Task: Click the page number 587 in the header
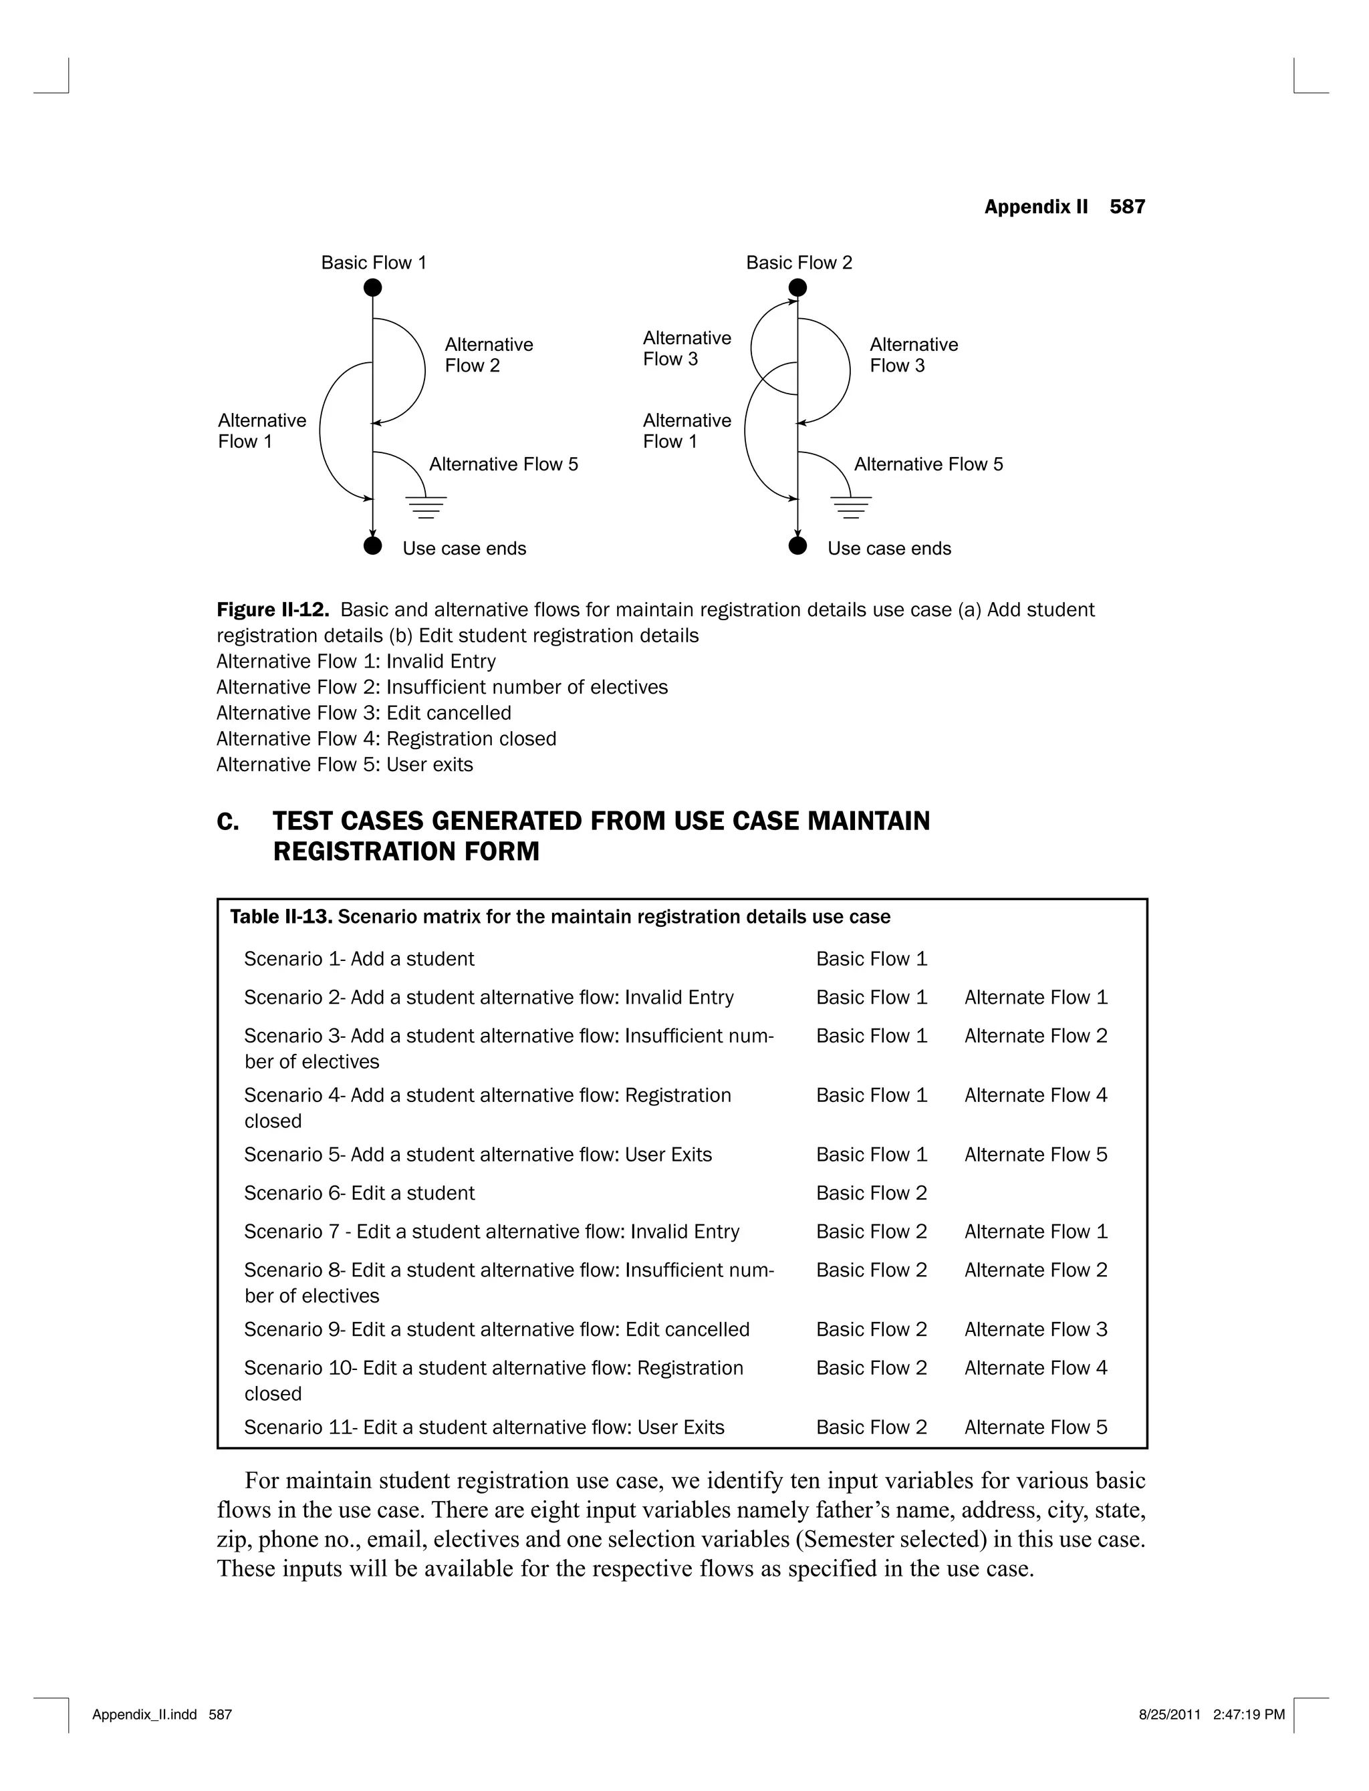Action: point(1127,207)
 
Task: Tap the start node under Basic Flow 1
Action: point(372,287)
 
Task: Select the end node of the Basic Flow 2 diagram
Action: point(797,546)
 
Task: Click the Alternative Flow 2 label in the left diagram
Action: point(489,355)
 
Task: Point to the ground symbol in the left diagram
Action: point(426,507)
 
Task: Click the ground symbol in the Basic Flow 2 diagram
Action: point(852,507)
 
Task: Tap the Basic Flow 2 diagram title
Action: point(799,262)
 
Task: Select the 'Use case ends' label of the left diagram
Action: point(464,548)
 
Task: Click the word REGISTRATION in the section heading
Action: point(364,851)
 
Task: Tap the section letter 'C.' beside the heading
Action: point(228,822)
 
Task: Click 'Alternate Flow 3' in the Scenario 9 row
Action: point(1035,1329)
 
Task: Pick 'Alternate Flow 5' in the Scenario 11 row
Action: point(1035,1427)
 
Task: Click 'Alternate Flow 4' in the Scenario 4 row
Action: point(1035,1095)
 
